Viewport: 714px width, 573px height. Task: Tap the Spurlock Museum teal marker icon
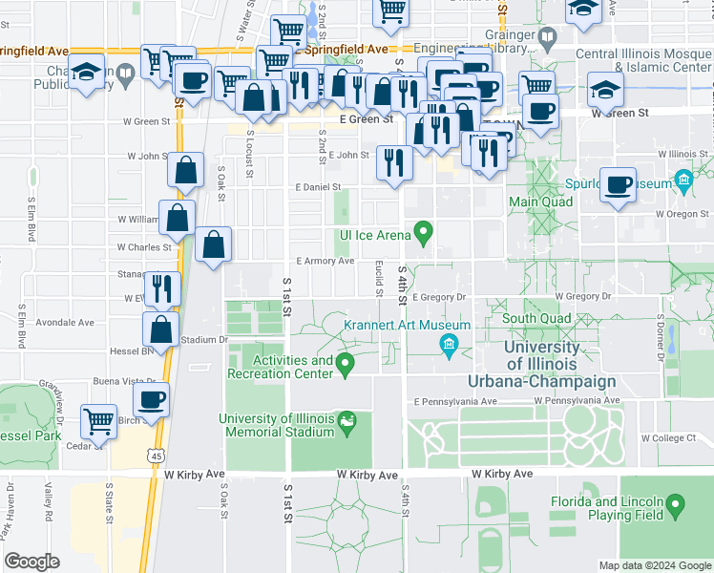[x=682, y=180]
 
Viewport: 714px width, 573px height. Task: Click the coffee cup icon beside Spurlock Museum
[x=618, y=183]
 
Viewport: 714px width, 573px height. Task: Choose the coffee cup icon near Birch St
[x=151, y=398]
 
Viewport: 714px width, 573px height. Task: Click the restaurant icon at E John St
[x=393, y=160]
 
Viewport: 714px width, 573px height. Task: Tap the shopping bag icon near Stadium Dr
[x=161, y=329]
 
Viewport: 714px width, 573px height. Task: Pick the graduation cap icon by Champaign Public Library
[x=86, y=73]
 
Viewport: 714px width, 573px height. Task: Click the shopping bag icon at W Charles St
[x=214, y=244]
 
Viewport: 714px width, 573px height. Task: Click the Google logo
[x=32, y=561]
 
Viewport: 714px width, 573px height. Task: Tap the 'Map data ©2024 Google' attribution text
[x=654, y=565]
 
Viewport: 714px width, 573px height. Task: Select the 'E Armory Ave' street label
[x=325, y=261]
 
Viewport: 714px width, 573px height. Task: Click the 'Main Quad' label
[x=540, y=202]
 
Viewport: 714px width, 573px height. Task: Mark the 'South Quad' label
[x=536, y=318]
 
